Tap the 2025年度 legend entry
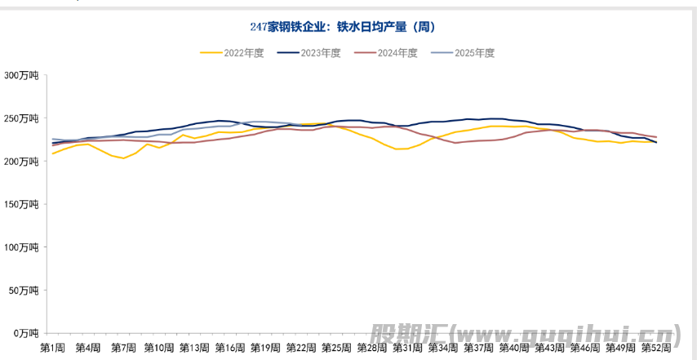coord(463,53)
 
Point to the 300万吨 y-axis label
coord(21,76)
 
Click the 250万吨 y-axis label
coord(21,119)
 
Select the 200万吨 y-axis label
coord(21,162)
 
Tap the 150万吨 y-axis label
coord(21,205)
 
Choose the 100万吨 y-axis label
coord(21,247)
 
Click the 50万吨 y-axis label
coord(24,291)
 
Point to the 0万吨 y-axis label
coord(25,333)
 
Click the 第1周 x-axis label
coord(52,348)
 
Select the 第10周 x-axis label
coord(159,348)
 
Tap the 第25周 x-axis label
coord(336,348)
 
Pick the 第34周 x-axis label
coord(443,348)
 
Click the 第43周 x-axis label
coord(549,348)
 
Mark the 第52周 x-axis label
coord(656,348)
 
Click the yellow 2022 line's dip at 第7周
coord(123,158)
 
